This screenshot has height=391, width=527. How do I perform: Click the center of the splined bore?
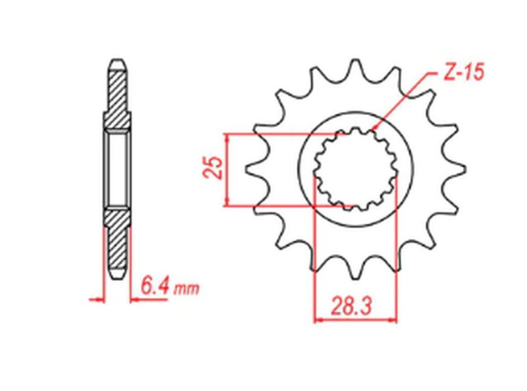pyautogui.click(x=356, y=169)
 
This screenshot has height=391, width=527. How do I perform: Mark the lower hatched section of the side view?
pyautogui.click(x=117, y=244)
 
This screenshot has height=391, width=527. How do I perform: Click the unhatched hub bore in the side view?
pyautogui.click(x=117, y=169)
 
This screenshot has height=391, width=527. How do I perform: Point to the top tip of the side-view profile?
pyautogui.click(x=117, y=61)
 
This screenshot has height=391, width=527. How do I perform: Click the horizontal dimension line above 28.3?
pyautogui.click(x=356, y=321)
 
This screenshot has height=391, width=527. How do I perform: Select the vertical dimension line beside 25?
pyautogui.click(x=227, y=169)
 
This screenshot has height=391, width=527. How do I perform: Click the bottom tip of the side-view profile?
pyautogui.click(x=117, y=277)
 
